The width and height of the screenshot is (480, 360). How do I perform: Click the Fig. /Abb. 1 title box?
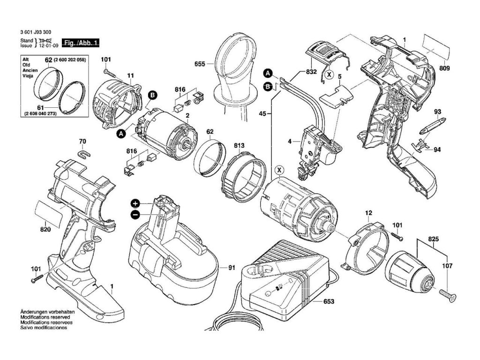81,43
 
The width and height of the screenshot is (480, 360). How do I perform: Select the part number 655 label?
200,64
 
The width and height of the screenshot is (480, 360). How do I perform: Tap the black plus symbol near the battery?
135,203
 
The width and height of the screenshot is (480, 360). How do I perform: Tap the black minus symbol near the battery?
135,215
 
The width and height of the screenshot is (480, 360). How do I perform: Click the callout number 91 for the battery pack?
232,268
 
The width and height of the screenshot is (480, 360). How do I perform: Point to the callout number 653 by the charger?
329,301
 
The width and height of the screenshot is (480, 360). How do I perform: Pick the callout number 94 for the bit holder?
437,150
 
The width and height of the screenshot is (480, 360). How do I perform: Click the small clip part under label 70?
83,154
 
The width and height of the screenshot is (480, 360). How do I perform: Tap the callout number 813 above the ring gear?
239,145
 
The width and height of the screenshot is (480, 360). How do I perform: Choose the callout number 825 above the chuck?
434,239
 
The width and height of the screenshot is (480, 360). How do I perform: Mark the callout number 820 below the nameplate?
45,230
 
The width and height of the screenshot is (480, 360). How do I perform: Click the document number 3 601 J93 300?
36,32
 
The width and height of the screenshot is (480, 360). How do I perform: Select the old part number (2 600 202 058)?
69,60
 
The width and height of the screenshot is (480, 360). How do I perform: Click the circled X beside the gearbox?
279,170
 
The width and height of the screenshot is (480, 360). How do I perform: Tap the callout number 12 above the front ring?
368,213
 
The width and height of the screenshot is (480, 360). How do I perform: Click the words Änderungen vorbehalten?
45,312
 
